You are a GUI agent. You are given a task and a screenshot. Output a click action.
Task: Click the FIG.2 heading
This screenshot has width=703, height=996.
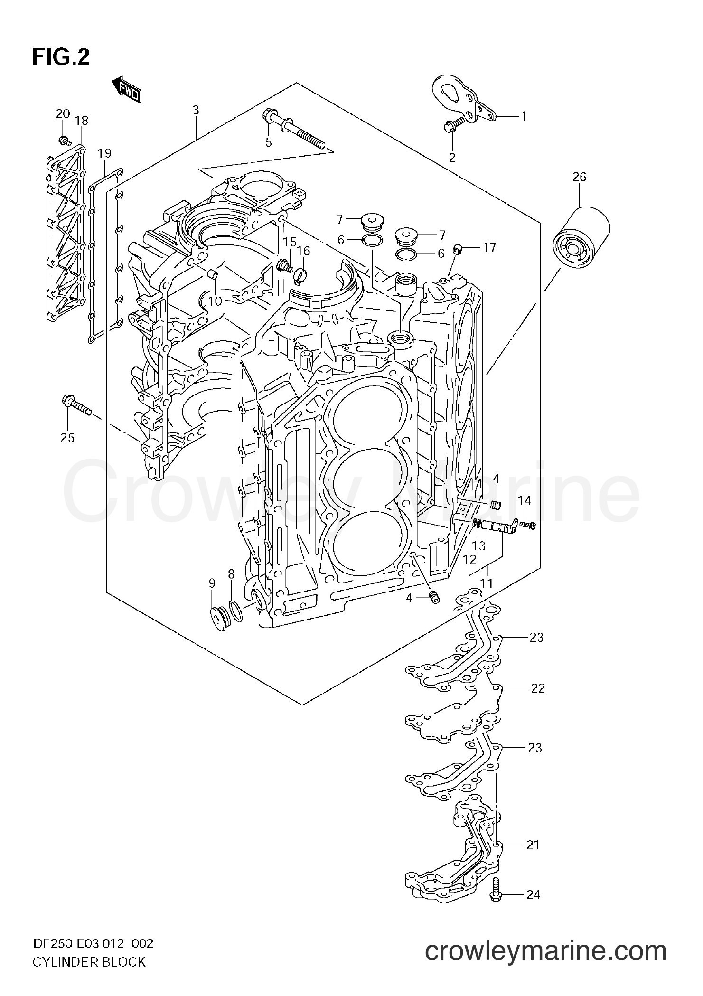pyautogui.click(x=61, y=57)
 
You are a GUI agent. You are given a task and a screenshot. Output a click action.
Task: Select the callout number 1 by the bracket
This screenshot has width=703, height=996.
pyautogui.click(x=524, y=116)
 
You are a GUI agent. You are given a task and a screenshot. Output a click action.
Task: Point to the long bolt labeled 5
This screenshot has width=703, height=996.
pyautogui.click(x=294, y=131)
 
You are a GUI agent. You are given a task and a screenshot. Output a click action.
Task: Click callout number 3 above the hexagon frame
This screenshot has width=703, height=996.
pyautogui.click(x=196, y=110)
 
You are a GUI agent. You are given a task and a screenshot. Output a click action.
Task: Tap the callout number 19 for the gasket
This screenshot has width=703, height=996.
pyautogui.click(x=104, y=153)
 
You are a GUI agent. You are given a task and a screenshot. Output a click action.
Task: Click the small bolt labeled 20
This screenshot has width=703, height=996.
pyautogui.click(x=64, y=140)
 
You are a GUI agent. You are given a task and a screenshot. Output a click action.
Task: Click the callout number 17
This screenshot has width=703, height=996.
pyautogui.click(x=489, y=247)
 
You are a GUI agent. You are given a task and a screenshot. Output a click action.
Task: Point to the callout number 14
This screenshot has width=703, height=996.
pyautogui.click(x=524, y=500)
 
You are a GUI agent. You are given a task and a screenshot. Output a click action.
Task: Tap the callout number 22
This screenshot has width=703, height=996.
pyautogui.click(x=537, y=688)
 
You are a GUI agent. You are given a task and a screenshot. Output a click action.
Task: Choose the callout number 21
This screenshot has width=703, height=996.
pyautogui.click(x=533, y=845)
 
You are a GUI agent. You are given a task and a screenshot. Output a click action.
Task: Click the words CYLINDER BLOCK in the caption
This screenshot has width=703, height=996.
pyautogui.click(x=89, y=972)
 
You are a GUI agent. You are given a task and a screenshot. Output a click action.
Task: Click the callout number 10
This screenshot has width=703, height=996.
pyautogui.click(x=215, y=301)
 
